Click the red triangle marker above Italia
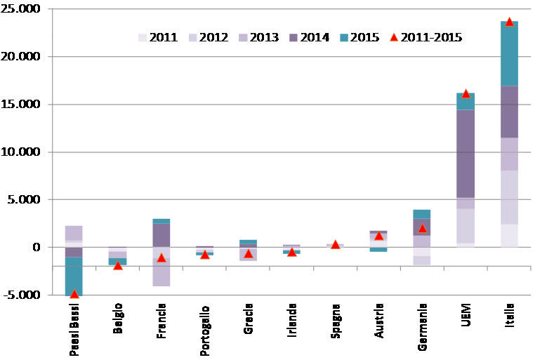509,22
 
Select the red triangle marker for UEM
466,93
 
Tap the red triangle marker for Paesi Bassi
74,294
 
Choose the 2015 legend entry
361,37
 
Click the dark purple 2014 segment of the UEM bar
466,154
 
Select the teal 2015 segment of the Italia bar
509,55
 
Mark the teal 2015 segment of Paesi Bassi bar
74,276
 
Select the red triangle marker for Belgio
118,265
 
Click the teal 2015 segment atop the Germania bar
422,214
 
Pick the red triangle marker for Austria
378,236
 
